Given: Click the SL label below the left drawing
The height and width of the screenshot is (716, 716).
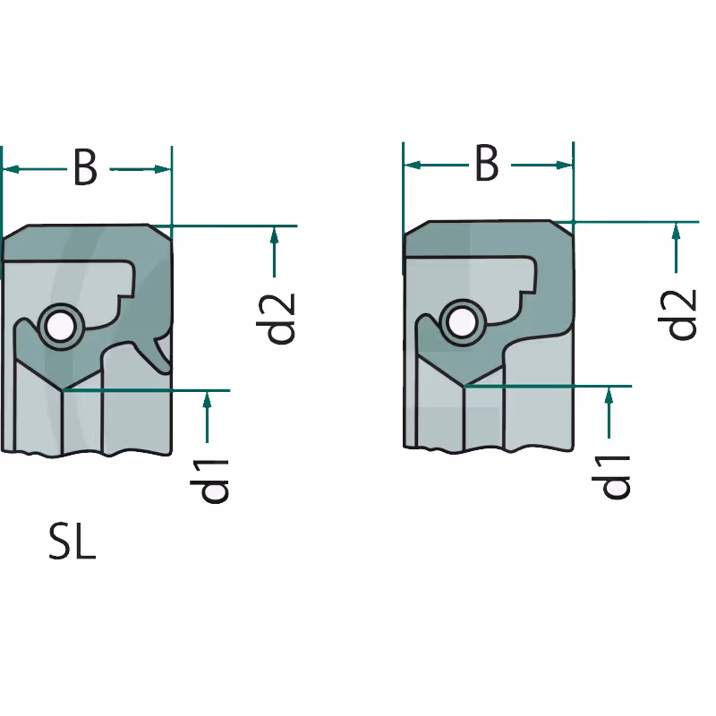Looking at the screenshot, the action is (72, 542).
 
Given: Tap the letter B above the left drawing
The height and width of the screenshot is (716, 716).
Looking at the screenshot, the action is (85, 167).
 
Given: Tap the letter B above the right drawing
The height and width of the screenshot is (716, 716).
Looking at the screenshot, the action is (487, 163).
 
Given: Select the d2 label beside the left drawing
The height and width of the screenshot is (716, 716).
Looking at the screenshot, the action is (276, 319).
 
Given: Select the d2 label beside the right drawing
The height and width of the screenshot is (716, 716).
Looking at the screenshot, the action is (678, 314).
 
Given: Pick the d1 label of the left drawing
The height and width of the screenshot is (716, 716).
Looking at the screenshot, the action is (209, 482).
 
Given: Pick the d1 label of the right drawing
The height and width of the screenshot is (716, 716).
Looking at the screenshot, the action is (610, 477).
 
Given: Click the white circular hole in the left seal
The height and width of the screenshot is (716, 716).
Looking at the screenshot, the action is (60, 327).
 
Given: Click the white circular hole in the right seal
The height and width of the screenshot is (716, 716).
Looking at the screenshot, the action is (461, 323).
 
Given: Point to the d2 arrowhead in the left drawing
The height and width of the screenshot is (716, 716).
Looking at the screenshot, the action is (274, 234).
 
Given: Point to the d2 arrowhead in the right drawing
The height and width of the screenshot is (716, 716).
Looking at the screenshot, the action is (677, 231).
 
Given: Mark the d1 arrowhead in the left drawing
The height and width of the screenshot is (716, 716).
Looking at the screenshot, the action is (208, 399).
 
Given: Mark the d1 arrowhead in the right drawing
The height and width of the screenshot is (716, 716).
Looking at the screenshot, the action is (609, 395).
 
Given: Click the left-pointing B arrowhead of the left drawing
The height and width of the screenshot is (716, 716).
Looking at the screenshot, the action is (12, 169).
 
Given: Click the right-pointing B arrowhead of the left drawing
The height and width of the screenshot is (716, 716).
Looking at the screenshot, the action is (163, 169).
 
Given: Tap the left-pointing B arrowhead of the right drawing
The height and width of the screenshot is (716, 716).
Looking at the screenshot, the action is (413, 165).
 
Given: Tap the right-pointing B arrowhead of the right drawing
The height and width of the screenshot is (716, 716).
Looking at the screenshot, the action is (565, 165).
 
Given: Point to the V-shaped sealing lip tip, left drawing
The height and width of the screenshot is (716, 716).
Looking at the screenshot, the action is (63, 389).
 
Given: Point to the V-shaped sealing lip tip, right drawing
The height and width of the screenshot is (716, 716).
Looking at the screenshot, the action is (464, 386).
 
